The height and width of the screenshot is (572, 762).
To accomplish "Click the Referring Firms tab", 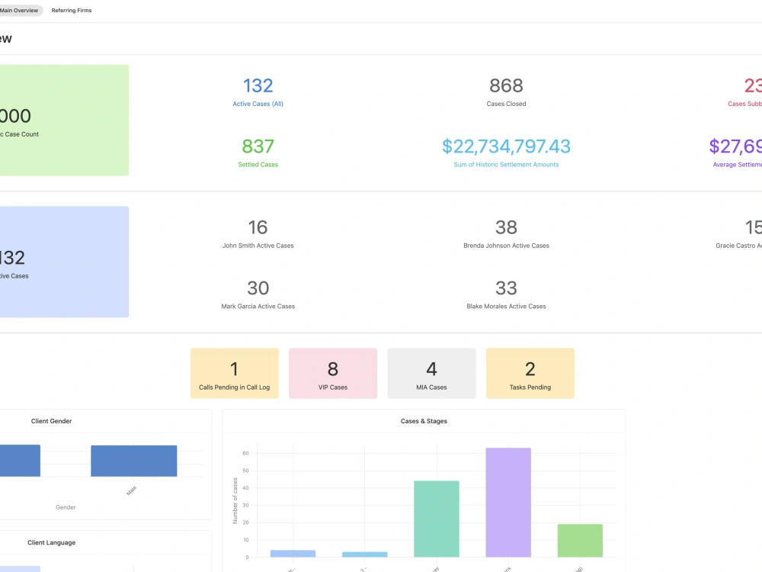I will (72, 11).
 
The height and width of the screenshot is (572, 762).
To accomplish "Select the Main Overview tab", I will (19, 11).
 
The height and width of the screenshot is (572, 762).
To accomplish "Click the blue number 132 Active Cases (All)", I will (258, 86).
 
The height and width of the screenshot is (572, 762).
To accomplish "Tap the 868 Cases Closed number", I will (506, 86).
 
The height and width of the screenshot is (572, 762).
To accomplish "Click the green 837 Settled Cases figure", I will (258, 146).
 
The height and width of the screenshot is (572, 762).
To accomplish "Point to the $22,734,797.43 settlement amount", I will (506, 146).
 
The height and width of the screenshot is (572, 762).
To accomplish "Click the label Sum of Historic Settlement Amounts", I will (506, 165).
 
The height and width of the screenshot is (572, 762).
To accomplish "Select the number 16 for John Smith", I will (258, 227).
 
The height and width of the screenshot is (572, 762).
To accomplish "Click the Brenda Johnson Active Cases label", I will (506, 246).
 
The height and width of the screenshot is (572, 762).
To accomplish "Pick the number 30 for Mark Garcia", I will (258, 288).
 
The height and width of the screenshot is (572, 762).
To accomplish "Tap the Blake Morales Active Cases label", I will (506, 307).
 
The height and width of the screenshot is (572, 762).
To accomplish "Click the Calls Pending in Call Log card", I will (234, 373).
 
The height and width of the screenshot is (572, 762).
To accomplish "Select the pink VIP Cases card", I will (333, 373).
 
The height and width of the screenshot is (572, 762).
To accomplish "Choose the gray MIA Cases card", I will (431, 373).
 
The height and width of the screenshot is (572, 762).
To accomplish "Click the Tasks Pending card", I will (530, 373).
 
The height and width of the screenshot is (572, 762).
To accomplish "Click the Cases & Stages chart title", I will (424, 421).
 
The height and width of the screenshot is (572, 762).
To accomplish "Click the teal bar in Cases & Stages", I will (437, 519).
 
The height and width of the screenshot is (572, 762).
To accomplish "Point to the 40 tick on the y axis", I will (245, 488).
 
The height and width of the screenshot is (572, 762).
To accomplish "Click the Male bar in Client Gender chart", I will (133, 461).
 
